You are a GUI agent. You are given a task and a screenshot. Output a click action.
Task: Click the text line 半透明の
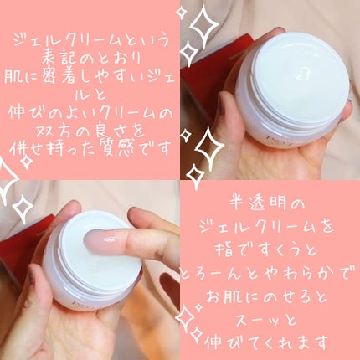(x=270, y=204)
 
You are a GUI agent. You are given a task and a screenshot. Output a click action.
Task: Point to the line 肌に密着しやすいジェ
(x=90, y=81)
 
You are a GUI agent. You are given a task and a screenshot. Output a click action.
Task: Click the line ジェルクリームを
(x=270, y=224)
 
